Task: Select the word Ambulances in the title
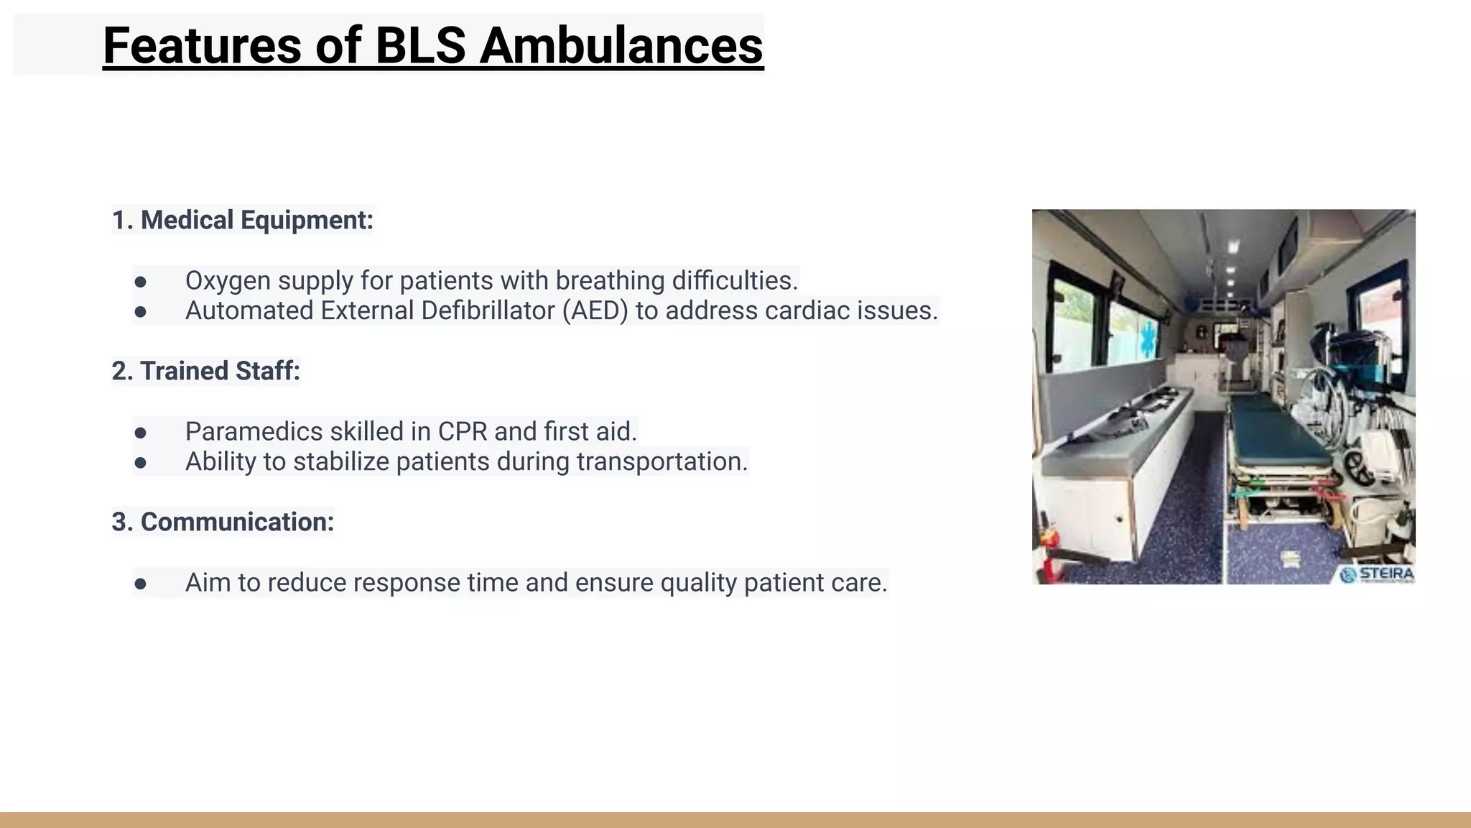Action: pyautogui.click(x=621, y=45)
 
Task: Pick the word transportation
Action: pyautogui.click(x=662, y=461)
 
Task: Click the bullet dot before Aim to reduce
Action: pyautogui.click(x=141, y=584)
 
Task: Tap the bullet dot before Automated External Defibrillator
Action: pyautogui.click(x=141, y=312)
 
